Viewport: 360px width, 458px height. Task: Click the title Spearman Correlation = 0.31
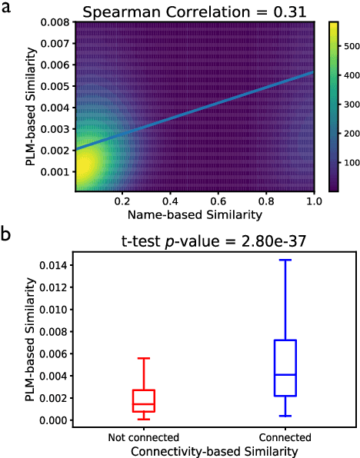[x=195, y=12]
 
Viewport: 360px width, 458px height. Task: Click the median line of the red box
[x=143, y=403]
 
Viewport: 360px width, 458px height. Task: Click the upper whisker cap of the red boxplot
[x=143, y=358]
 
